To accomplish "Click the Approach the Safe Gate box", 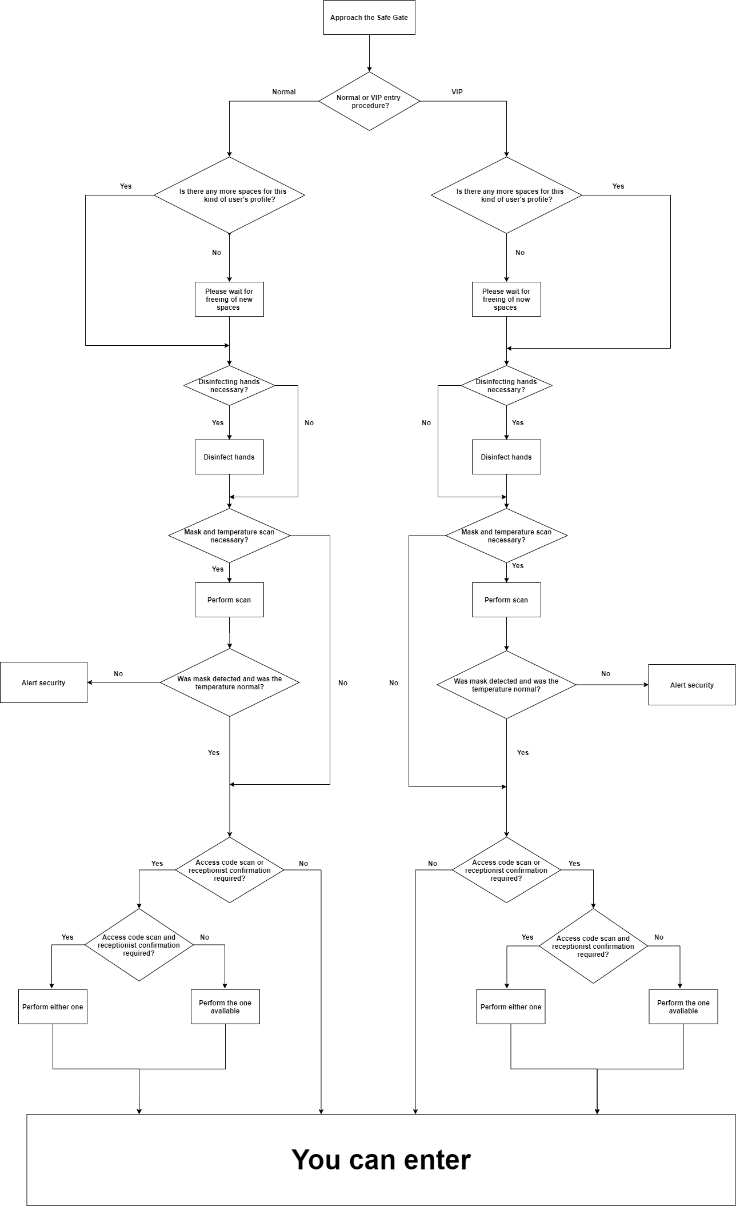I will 369,18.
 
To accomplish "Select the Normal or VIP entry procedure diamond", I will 369,101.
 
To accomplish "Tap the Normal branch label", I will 284,92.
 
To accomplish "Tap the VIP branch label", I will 457,92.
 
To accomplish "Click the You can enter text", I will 381,1160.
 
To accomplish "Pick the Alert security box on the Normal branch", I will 43,682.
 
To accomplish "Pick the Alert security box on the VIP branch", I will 691,685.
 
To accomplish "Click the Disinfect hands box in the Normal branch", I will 229,457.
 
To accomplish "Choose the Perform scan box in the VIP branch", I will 506,600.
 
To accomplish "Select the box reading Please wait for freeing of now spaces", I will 506,299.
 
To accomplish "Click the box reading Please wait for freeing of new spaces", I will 229,299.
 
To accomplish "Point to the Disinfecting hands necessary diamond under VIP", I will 506,386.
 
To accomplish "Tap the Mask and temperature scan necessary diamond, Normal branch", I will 229,536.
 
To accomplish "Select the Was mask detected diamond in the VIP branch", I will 506,685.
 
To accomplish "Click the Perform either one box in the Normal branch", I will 53,1007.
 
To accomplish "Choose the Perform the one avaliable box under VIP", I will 683,1007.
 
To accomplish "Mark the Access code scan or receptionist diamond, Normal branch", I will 229,870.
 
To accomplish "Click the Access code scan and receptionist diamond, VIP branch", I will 593,946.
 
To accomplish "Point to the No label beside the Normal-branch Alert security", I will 118,674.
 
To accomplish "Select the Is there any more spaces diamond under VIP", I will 506,195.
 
